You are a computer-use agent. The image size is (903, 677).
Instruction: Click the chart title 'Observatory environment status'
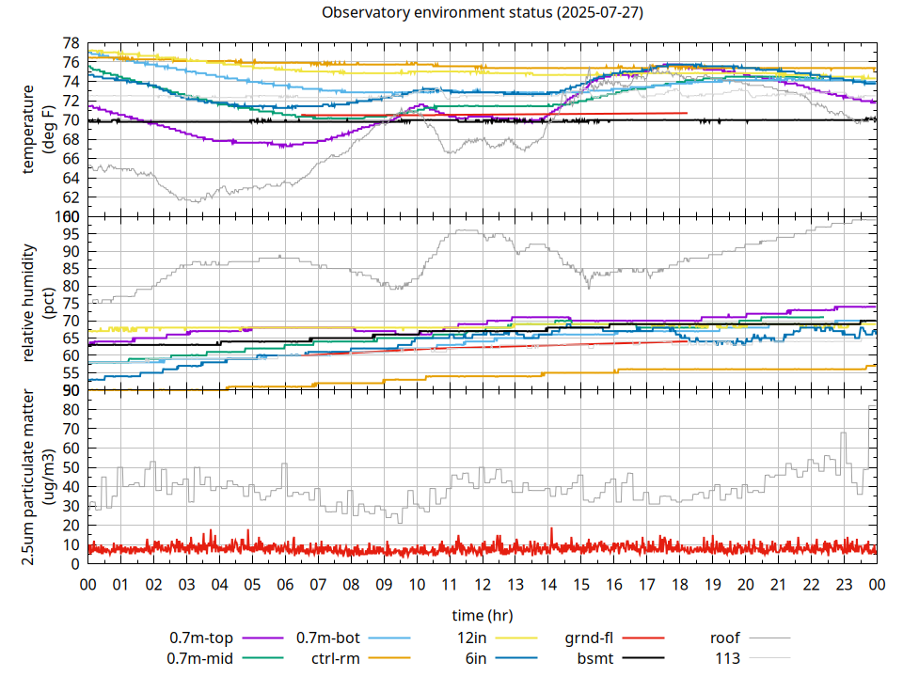[x=482, y=13]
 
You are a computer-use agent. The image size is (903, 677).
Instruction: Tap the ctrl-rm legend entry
[x=336, y=657]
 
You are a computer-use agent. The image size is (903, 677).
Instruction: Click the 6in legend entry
[x=475, y=657]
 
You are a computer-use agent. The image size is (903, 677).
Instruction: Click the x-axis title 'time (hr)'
[x=482, y=615]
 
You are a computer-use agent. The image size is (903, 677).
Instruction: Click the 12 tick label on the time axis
[x=482, y=584]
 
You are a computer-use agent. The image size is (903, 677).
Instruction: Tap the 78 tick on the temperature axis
[x=71, y=44]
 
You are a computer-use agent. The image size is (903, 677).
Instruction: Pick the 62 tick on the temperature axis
[x=71, y=197]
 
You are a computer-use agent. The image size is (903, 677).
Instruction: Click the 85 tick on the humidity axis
[x=71, y=269]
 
